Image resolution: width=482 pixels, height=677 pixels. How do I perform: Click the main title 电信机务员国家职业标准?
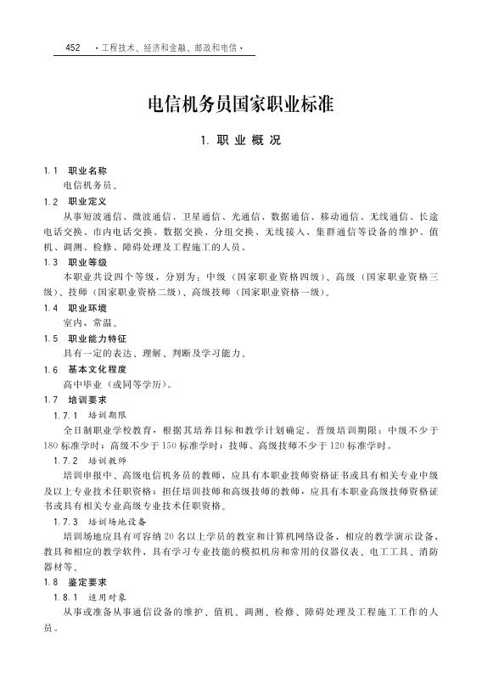[x=241, y=104]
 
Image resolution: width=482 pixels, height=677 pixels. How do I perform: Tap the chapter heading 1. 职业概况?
[x=241, y=141]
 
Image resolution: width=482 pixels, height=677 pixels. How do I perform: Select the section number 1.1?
[x=51, y=171]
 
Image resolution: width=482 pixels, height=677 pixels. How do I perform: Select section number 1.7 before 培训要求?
[x=51, y=399]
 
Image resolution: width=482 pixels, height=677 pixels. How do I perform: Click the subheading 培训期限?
[x=107, y=415]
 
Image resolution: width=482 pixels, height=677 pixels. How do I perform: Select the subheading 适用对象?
[x=107, y=596]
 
